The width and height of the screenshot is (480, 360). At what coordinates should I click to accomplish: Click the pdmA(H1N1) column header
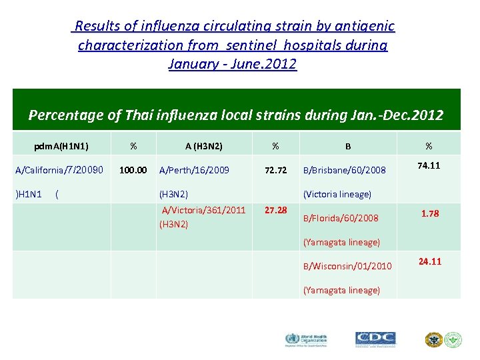(62, 145)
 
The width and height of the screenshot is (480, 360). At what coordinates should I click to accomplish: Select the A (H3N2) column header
(203, 145)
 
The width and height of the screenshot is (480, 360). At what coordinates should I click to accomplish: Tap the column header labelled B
(347, 145)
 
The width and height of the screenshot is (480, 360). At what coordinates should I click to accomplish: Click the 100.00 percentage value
(133, 170)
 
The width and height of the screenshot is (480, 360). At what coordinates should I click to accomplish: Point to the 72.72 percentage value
(275, 170)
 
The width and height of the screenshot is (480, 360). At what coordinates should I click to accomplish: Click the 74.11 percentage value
(429, 165)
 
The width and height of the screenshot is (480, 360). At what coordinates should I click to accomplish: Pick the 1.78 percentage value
(429, 213)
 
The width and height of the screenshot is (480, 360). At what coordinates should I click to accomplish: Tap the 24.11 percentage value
(429, 261)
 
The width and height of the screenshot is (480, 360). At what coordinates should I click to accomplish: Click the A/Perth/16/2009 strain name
(194, 170)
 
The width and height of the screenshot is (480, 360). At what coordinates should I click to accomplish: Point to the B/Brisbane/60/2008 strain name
(345, 171)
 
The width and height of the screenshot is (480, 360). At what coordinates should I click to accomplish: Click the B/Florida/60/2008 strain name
(341, 218)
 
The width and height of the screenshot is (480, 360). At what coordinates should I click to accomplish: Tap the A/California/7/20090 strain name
(59, 170)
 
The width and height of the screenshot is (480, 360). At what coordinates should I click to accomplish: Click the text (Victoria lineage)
(337, 195)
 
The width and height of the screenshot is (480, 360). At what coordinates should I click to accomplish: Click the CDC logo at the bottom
(375, 339)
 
